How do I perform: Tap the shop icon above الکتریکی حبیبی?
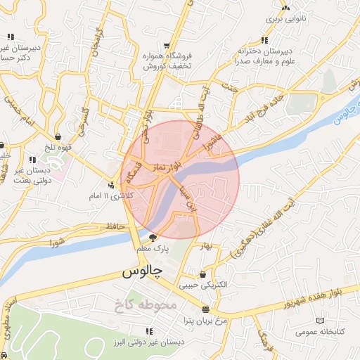(203, 274)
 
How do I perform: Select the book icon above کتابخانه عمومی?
(321, 319)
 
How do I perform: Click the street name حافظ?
(115, 226)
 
